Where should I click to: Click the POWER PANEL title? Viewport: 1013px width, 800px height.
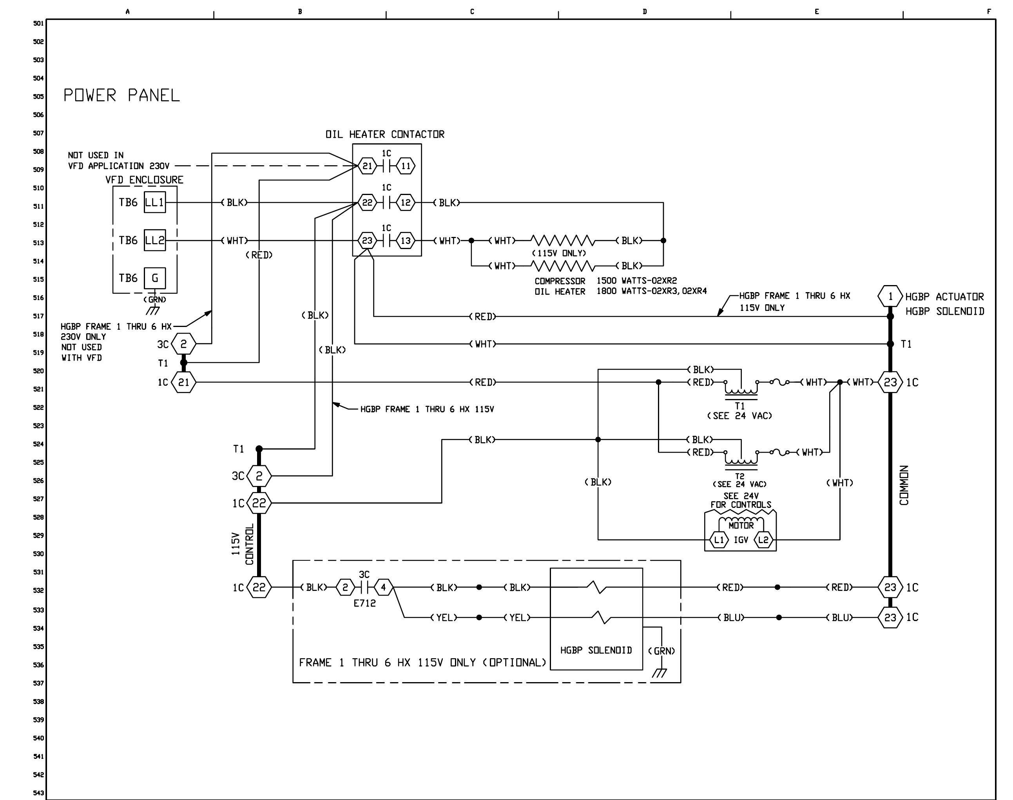[x=121, y=96]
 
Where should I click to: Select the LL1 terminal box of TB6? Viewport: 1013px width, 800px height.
[x=154, y=202]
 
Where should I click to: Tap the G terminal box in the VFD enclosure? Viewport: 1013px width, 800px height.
[x=154, y=278]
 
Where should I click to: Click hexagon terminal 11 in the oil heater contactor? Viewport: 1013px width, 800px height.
[x=406, y=166]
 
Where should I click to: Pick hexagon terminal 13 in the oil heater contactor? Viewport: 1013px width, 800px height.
[x=406, y=241]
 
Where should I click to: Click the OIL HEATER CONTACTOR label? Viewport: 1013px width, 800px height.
[x=385, y=134]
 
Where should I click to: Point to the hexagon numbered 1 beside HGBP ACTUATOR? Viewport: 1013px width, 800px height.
[x=890, y=296]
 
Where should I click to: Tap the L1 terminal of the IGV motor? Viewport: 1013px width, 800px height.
[x=719, y=540]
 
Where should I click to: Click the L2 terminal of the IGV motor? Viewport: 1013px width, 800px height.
[x=763, y=540]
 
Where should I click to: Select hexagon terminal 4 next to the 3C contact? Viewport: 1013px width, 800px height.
[x=383, y=587]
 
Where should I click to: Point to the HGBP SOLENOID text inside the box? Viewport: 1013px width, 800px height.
[x=596, y=650]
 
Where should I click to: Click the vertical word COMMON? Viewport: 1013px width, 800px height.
[x=904, y=485]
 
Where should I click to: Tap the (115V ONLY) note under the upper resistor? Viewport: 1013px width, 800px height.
[x=559, y=253]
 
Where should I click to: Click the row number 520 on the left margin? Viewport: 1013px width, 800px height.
[x=38, y=371]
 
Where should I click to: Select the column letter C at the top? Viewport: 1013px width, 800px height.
[x=472, y=12]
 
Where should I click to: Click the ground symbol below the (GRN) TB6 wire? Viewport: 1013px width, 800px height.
[x=153, y=311]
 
